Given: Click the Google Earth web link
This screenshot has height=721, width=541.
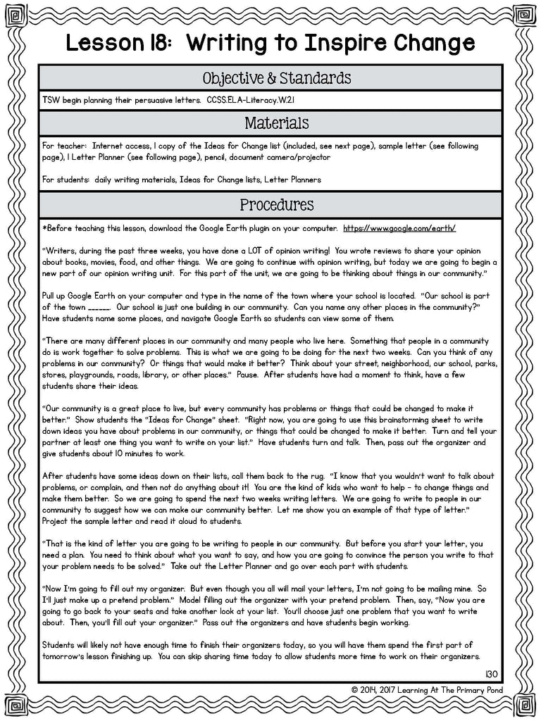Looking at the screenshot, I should [x=399, y=229].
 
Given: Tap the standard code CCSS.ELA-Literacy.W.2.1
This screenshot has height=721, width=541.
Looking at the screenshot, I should [x=258, y=100].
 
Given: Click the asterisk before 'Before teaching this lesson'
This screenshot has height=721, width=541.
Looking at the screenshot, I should [x=44, y=229].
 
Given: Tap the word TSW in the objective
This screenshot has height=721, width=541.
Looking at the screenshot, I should [x=51, y=100].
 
